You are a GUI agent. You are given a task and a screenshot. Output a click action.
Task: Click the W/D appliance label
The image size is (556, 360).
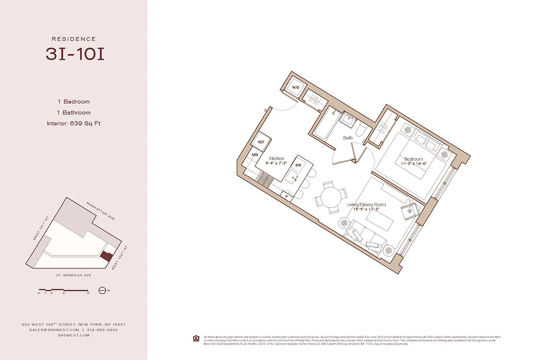coord(296,87)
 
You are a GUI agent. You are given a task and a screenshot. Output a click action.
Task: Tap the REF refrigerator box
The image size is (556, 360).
coord(261,142)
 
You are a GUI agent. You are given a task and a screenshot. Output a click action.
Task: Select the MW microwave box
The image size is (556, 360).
coord(255,155)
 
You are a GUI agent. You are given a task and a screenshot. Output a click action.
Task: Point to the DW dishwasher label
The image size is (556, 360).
coord(298,165)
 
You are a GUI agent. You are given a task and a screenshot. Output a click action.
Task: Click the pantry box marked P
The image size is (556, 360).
coord(287,196)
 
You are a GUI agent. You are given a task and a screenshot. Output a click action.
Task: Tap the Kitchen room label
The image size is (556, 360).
coord(276,158)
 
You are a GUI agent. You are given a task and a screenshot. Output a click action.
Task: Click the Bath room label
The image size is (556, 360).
coord(348,138)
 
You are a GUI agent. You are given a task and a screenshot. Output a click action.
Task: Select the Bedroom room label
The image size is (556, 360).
coord(413,159)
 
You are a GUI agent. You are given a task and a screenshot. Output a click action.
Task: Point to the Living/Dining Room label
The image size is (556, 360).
coord(366,205)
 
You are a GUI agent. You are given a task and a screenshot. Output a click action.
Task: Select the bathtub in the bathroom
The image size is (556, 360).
coord(323,124)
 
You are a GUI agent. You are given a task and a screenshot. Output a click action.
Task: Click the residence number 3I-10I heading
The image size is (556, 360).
coord(75,54)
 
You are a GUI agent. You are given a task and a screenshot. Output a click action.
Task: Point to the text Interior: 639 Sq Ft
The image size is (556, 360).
coord(73,123)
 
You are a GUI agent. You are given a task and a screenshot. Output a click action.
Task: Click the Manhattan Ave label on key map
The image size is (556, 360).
coord(101,211)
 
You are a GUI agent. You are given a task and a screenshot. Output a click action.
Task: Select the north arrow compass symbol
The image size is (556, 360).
coord(102,291)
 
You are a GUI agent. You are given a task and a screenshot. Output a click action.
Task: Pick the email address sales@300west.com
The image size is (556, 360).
coord(49,330)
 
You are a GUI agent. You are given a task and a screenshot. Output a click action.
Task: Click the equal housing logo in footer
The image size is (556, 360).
coord(196,338)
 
